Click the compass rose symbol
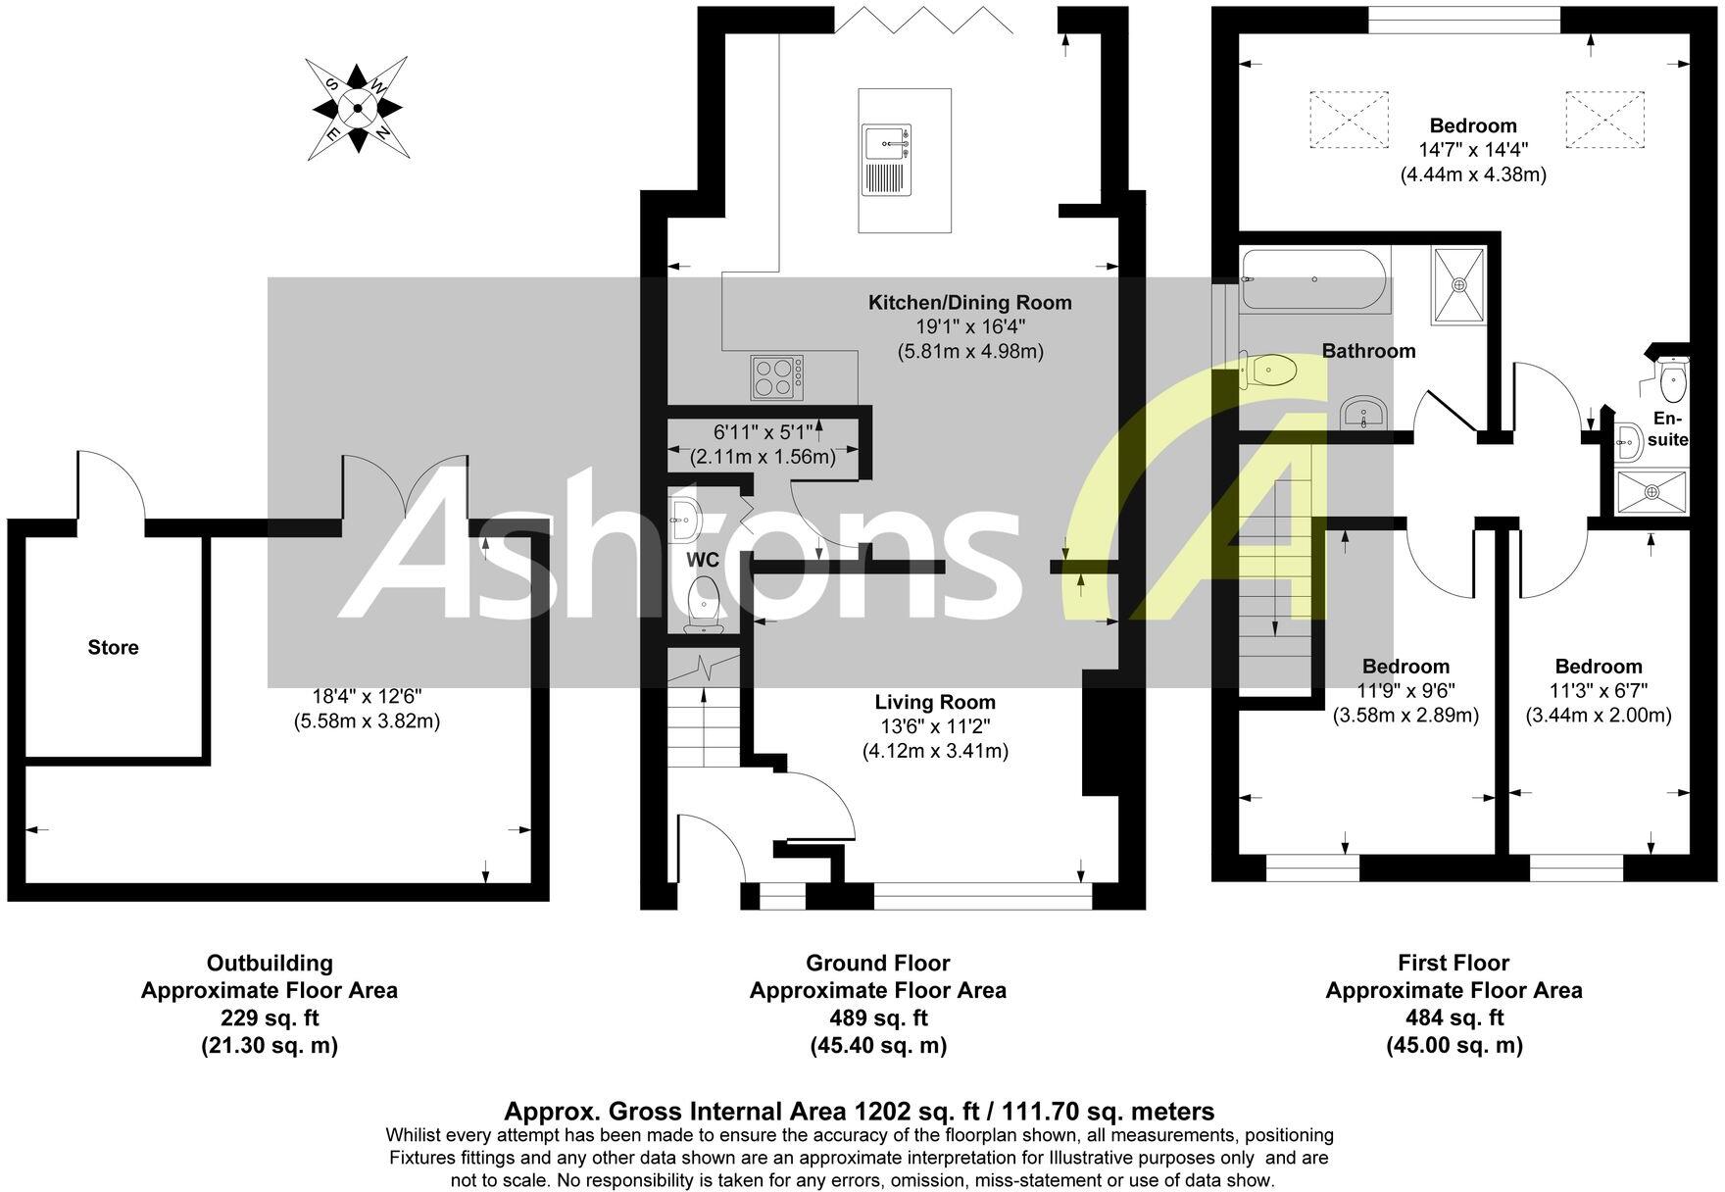click(358, 108)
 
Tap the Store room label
click(113, 647)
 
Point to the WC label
click(703, 560)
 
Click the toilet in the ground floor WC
click(703, 601)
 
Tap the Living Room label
click(934, 702)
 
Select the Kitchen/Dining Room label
click(969, 302)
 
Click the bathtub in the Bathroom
click(1313, 280)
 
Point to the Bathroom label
click(1368, 350)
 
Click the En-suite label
click(1667, 429)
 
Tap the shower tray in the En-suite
click(1653, 491)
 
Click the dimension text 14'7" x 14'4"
click(1472, 150)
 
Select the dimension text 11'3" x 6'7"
click(1598, 690)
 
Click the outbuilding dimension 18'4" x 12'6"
click(367, 696)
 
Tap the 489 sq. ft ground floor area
click(877, 1018)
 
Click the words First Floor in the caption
click(1454, 963)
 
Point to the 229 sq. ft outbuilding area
click(269, 1018)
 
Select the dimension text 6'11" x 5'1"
click(763, 432)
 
